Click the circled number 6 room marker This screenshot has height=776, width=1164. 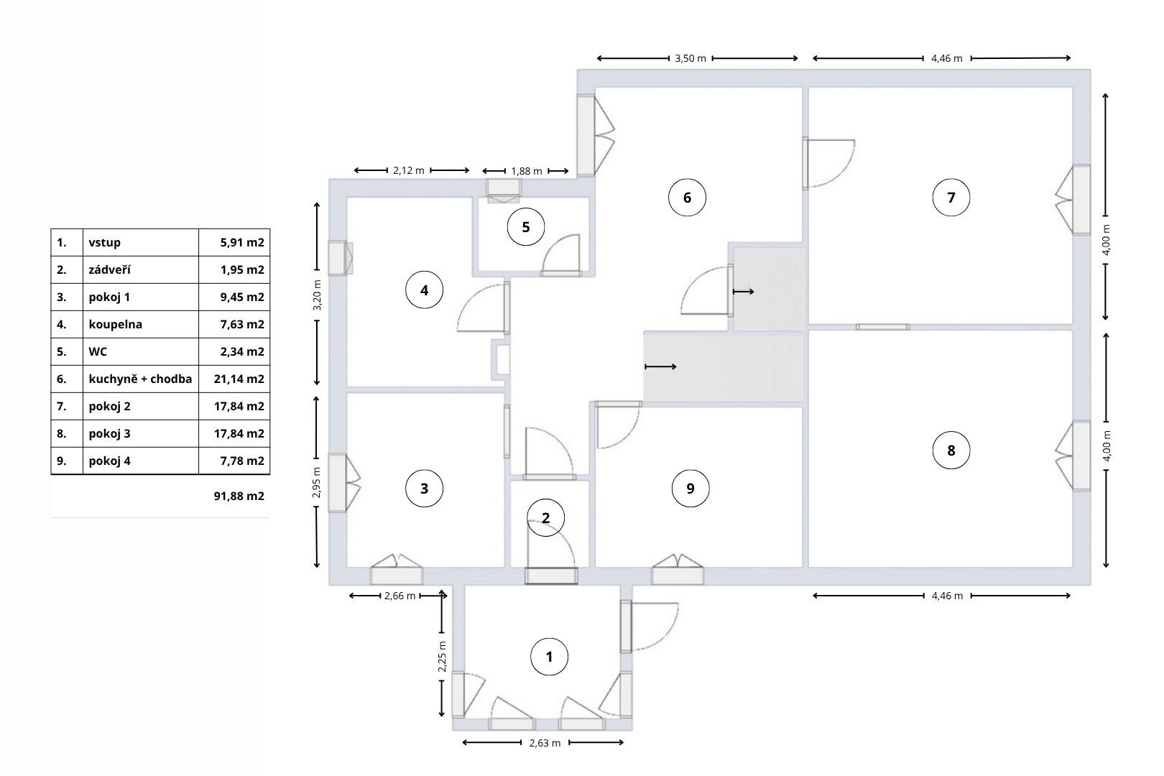click(x=687, y=198)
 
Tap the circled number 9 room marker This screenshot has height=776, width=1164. click(x=690, y=489)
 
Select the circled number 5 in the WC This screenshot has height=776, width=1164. click(x=526, y=227)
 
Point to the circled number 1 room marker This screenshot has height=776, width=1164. click(x=549, y=657)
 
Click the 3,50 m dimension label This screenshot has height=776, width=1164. click(x=690, y=59)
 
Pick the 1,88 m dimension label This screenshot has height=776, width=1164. click(x=527, y=171)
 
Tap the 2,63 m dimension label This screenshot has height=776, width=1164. click(x=545, y=743)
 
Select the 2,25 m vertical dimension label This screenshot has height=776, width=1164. click(x=442, y=657)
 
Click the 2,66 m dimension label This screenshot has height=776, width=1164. click(x=400, y=596)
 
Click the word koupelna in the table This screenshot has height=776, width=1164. click(x=116, y=324)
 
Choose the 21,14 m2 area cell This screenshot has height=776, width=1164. click(x=239, y=379)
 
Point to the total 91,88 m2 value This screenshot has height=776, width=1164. click(x=239, y=496)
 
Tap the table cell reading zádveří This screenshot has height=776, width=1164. click(x=110, y=269)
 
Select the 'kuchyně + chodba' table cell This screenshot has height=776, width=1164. click(x=140, y=379)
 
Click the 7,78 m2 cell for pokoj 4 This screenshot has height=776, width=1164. click(x=242, y=461)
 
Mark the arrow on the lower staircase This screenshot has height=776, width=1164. click(x=660, y=367)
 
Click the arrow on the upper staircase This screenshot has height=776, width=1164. click(x=743, y=292)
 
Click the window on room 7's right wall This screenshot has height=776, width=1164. click(x=1081, y=200)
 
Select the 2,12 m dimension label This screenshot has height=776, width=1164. click(x=408, y=170)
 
